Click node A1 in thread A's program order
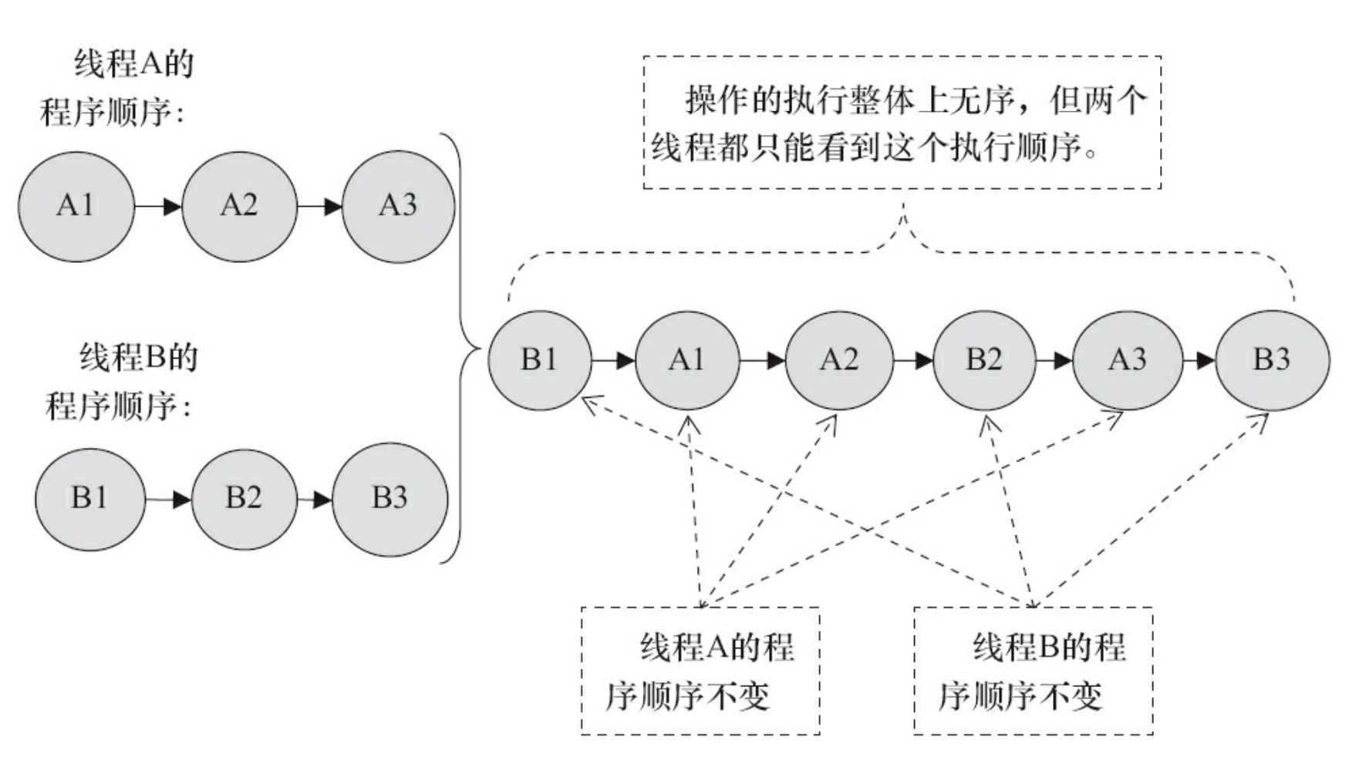pos(76,206)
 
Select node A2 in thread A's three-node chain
pos(239,206)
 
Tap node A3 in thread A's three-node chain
pos(398,206)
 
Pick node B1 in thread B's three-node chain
pos(90,499)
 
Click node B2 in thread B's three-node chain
pos(244,499)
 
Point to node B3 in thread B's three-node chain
pos(390,499)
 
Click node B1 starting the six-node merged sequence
pos(539,360)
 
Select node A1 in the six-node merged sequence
pos(686,360)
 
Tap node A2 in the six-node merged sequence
pos(839,360)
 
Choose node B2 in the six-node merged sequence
pos(984,360)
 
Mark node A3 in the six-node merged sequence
pos(1127,360)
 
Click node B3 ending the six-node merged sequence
pos(1272,360)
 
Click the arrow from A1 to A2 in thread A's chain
pos(158,207)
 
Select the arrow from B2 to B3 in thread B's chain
pos(315,500)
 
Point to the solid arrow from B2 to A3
pos(1054,360)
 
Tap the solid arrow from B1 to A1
pos(613,360)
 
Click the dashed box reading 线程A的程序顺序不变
pos(700,671)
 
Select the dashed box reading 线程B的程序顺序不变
pos(1034,671)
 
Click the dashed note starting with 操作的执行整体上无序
pos(902,123)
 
